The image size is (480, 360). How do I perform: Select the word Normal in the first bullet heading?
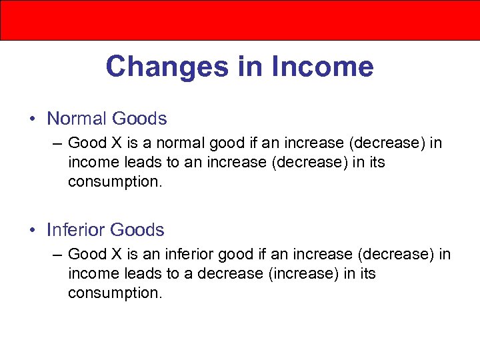pyautogui.click(x=77, y=119)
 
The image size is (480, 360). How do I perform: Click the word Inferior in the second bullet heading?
pyautogui.click(x=75, y=230)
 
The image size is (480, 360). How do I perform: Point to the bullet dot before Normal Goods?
pyautogui.click(x=33, y=119)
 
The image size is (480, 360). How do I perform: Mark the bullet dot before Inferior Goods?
pyautogui.click(x=33, y=231)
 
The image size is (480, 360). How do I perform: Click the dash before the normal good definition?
pyautogui.click(x=58, y=143)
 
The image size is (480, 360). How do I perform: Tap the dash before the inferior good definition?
pyautogui.click(x=58, y=255)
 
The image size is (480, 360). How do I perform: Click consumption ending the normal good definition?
pyautogui.click(x=114, y=181)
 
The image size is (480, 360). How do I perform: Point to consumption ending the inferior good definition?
pyautogui.click(x=114, y=293)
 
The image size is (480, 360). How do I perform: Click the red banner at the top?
pyautogui.click(x=240, y=20)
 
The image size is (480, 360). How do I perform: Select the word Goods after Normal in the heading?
pyautogui.click(x=139, y=119)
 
